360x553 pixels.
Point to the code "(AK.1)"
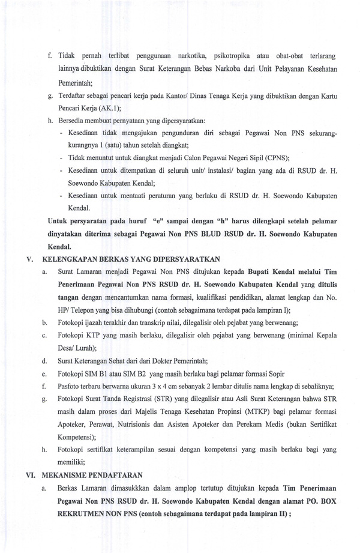(x=108, y=108)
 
